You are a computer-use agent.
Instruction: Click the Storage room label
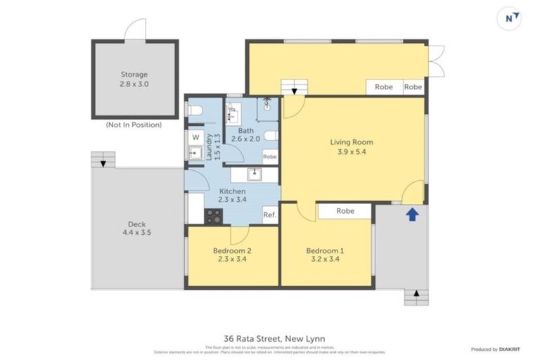click(134, 75)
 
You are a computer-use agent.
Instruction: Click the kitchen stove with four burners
click(213, 217)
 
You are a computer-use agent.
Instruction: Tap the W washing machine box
click(195, 137)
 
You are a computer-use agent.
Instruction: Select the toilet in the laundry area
click(195, 110)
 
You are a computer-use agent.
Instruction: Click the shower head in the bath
click(267, 107)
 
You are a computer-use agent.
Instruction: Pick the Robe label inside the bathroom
click(269, 157)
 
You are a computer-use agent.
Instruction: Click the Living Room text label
click(351, 143)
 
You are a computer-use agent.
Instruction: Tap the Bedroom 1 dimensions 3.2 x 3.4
click(325, 259)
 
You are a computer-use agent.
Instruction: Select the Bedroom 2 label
click(232, 251)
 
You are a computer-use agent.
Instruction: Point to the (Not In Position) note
click(134, 124)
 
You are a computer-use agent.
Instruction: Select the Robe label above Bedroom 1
click(345, 210)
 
